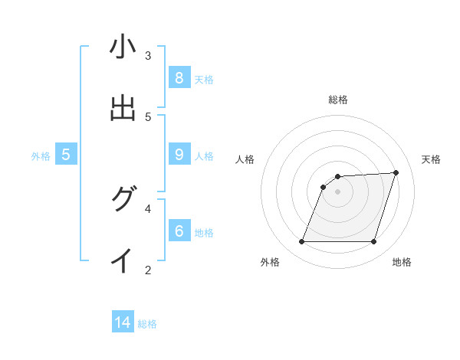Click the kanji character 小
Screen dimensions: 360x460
click(123, 47)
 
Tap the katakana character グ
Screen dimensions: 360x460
click(123, 200)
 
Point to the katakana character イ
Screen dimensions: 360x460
click(123, 261)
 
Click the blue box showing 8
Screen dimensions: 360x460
click(179, 77)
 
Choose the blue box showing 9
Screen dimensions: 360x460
click(179, 154)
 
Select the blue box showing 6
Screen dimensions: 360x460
click(179, 231)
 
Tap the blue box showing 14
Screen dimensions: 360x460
click(123, 322)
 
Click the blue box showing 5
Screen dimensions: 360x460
click(66, 154)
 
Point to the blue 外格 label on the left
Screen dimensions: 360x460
click(41, 155)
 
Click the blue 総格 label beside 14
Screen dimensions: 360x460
click(147, 324)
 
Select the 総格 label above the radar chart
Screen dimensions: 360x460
click(337, 100)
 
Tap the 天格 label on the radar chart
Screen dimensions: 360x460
click(431, 159)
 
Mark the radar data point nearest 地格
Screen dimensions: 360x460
click(373, 242)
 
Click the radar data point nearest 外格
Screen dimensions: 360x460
click(301, 242)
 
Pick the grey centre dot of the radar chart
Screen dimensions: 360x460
click(337, 191)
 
